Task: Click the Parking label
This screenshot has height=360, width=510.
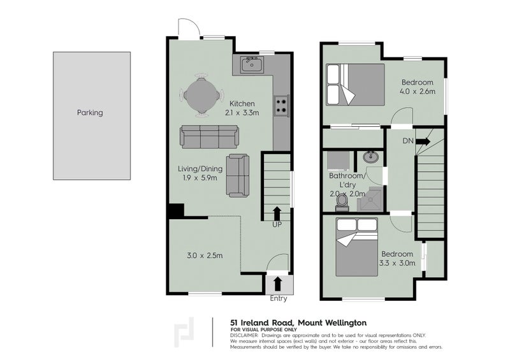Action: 90,113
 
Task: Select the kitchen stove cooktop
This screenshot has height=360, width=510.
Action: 280,105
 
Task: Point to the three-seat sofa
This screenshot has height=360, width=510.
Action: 208,136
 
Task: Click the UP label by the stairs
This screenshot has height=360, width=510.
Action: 277,224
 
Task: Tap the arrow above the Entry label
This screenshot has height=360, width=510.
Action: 277,283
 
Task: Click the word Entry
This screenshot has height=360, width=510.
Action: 279,298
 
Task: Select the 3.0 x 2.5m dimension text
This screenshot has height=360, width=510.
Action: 205,256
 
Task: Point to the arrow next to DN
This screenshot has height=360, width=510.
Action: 424,141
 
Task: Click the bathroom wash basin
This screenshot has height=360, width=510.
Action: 370,157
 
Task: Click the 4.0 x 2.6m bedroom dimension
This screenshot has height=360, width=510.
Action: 418,92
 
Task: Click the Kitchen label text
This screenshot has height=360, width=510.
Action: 242,104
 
